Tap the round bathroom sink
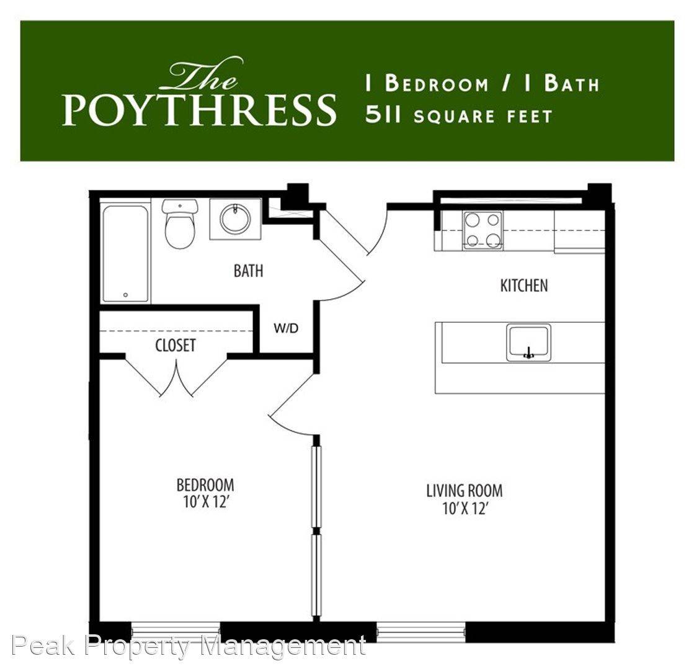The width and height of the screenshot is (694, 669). coord(235,219)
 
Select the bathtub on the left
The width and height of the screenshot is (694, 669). coord(126,254)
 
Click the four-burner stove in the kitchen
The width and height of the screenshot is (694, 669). coord(482,230)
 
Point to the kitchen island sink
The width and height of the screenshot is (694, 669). coord(528,342)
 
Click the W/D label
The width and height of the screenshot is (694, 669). coord(286,328)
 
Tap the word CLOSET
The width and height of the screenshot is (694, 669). coord(176,345)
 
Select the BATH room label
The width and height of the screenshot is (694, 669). coord(248,271)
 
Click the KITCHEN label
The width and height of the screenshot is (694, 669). coord(524,286)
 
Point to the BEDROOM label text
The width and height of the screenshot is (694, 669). coord(205,485)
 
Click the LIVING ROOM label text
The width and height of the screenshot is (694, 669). coord(465,491)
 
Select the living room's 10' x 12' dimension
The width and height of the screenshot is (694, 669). coord(465,509)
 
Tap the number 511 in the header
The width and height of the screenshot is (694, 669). coord(383,115)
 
